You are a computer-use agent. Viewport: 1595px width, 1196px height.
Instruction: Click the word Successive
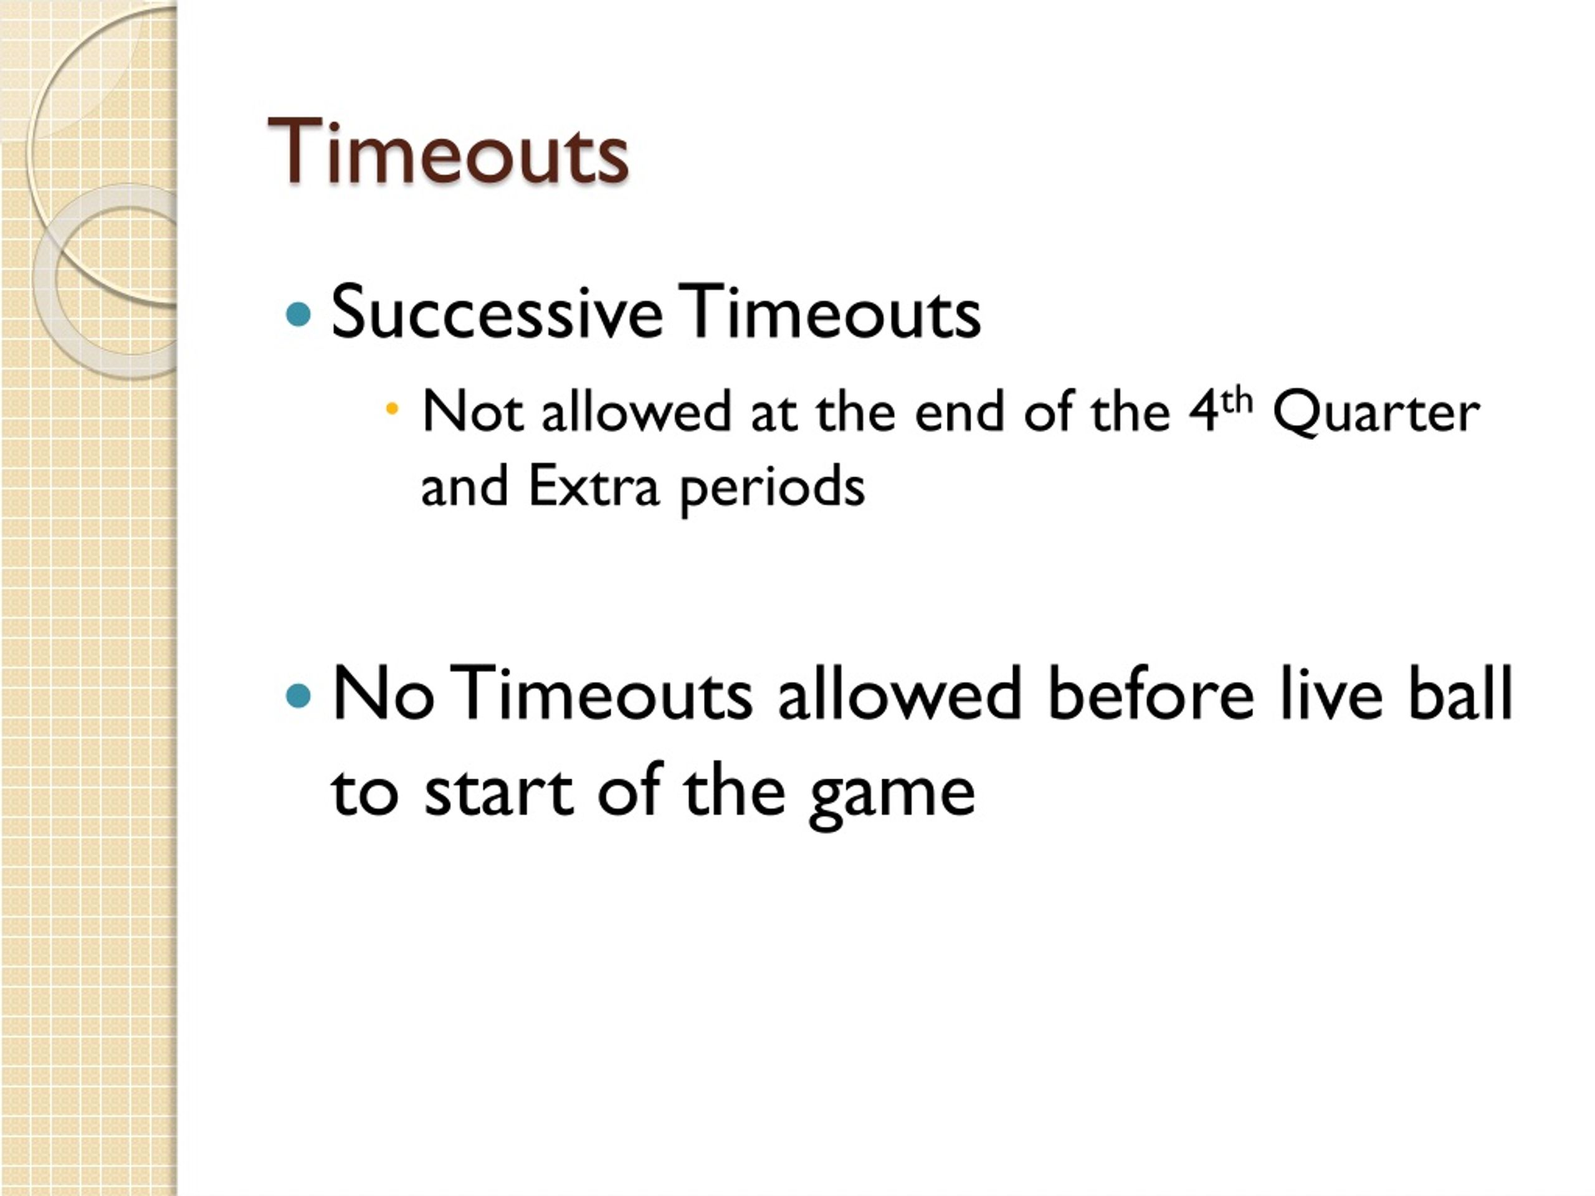point(496,312)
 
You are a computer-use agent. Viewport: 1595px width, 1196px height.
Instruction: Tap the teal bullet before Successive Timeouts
point(298,315)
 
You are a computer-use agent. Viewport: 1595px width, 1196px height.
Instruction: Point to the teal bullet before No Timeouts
point(298,696)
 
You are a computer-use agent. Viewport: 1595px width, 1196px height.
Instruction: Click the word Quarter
point(1376,413)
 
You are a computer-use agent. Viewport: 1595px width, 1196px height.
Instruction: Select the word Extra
point(593,487)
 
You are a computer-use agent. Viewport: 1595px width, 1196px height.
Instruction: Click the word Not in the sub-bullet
point(472,412)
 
